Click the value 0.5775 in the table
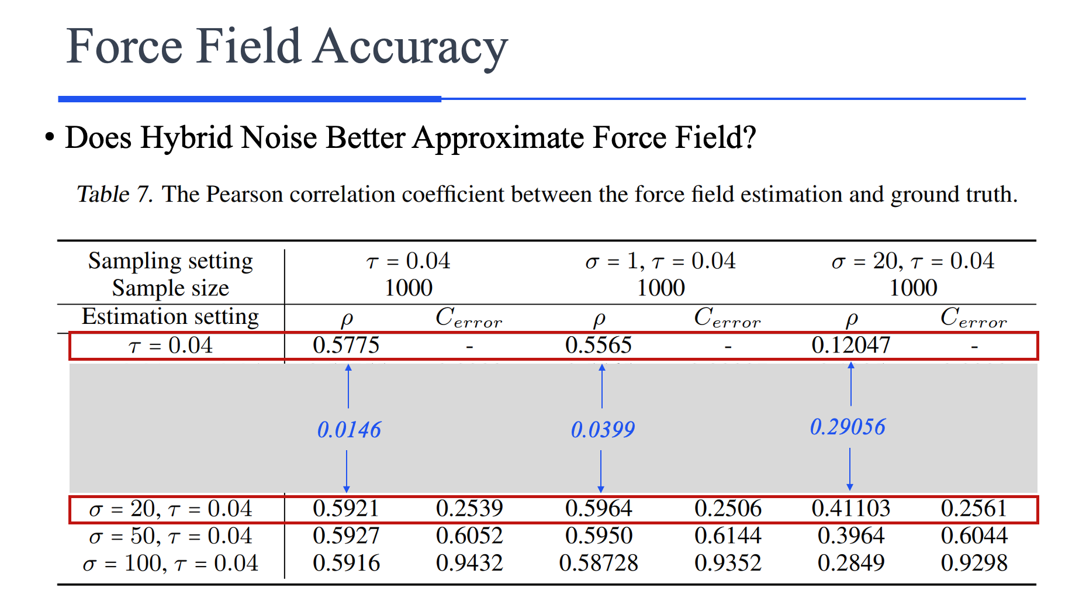pyautogui.click(x=346, y=345)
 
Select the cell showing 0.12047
pyautogui.click(x=850, y=345)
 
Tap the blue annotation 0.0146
pyautogui.click(x=349, y=430)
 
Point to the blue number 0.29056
pyautogui.click(x=848, y=427)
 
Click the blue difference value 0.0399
pyautogui.click(x=603, y=430)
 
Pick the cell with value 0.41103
pyautogui.click(x=850, y=508)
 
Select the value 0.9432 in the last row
pyautogui.click(x=469, y=563)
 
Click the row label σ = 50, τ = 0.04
pyautogui.click(x=170, y=536)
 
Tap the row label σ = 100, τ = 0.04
pyautogui.click(x=170, y=563)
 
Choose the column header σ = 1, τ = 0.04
pyautogui.click(x=660, y=261)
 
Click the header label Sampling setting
pyautogui.click(x=170, y=261)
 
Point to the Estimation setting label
pyautogui.click(x=170, y=316)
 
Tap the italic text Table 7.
pyautogui.click(x=115, y=194)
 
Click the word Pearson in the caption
pyautogui.click(x=244, y=194)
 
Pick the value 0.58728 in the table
pyautogui.click(x=599, y=563)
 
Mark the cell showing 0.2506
pyautogui.click(x=728, y=508)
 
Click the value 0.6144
pyautogui.click(x=728, y=536)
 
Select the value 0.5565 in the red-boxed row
pyautogui.click(x=599, y=345)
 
